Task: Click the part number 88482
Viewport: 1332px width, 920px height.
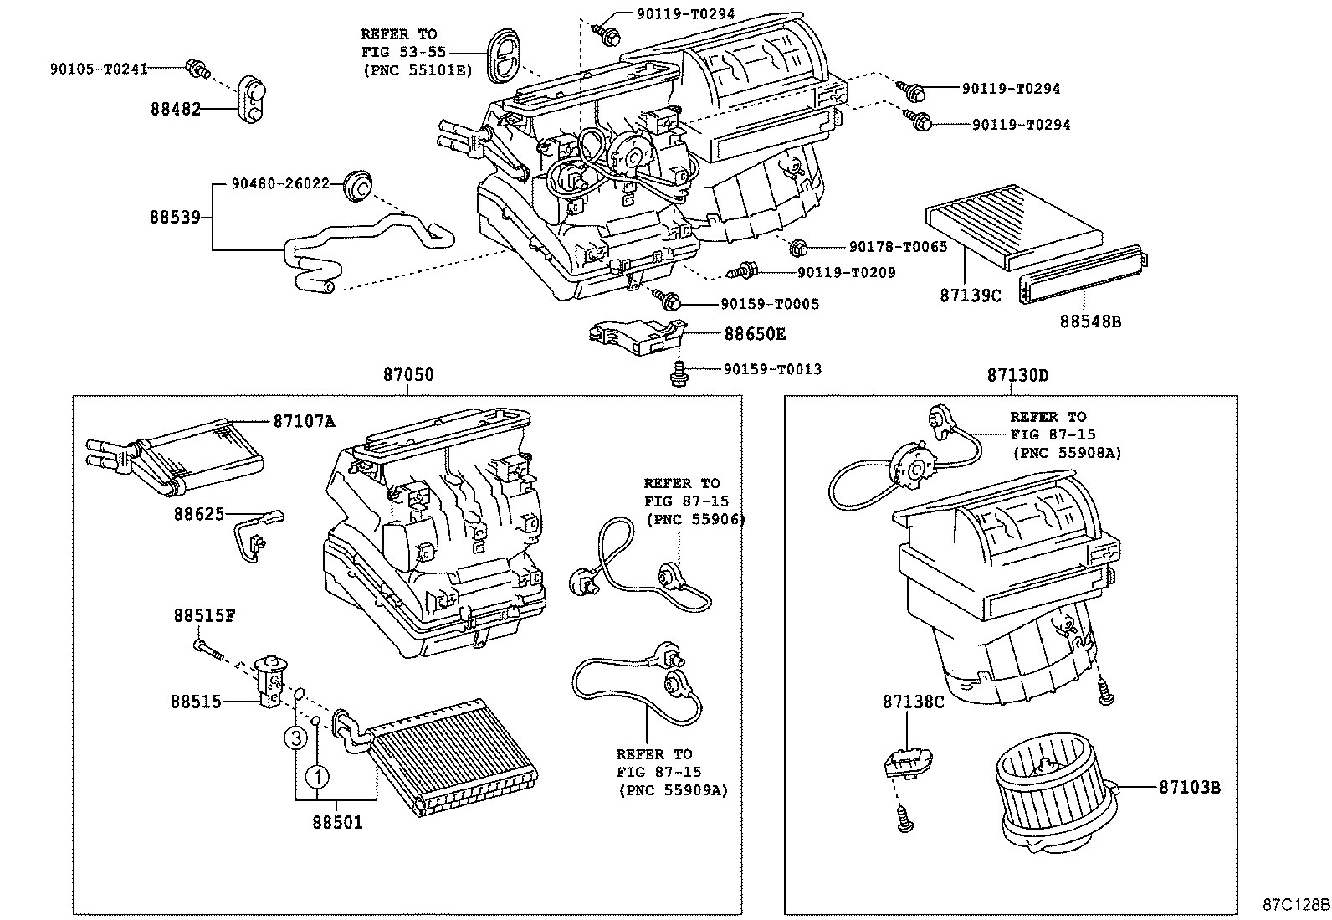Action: point(176,109)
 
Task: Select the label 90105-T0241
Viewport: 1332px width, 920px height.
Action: point(99,69)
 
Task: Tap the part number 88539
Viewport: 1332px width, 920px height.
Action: point(175,217)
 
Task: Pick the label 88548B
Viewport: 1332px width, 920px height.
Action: point(1090,320)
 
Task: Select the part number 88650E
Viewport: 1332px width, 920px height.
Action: point(755,334)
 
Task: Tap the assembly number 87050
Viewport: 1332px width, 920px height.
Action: point(408,375)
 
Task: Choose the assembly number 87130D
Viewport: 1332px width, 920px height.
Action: point(1017,375)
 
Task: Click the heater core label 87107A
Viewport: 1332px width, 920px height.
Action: point(304,421)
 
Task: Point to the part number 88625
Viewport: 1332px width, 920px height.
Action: point(199,513)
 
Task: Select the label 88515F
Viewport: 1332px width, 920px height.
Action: point(204,615)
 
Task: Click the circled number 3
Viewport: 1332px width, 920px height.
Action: point(295,738)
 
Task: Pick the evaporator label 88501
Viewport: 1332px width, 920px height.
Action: point(338,823)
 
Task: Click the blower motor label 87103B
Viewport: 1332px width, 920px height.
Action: point(1189,787)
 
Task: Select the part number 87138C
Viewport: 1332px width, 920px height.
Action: point(913,702)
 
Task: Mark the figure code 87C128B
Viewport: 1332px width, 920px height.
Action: point(1296,905)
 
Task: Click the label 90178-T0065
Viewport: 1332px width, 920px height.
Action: point(898,247)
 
